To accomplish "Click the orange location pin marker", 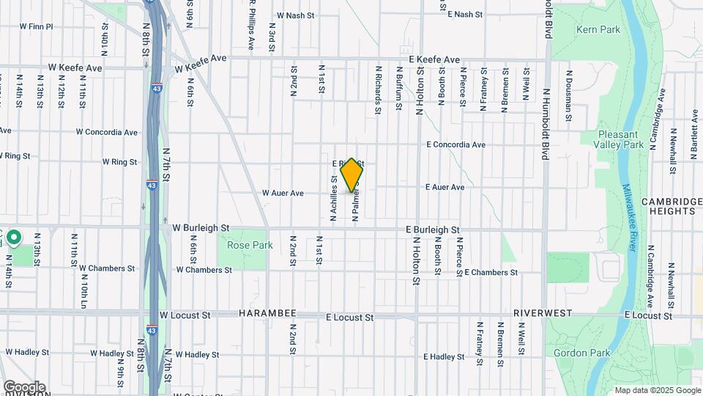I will click(351, 175).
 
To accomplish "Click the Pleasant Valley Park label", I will click(620, 139).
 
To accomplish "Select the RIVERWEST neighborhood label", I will click(543, 313).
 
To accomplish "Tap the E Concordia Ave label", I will click(456, 144).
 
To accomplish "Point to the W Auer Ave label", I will click(283, 194).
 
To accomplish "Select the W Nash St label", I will click(295, 15).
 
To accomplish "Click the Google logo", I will click(24, 386).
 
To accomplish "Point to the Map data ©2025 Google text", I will click(658, 390).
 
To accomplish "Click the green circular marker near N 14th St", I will click(14, 238).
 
